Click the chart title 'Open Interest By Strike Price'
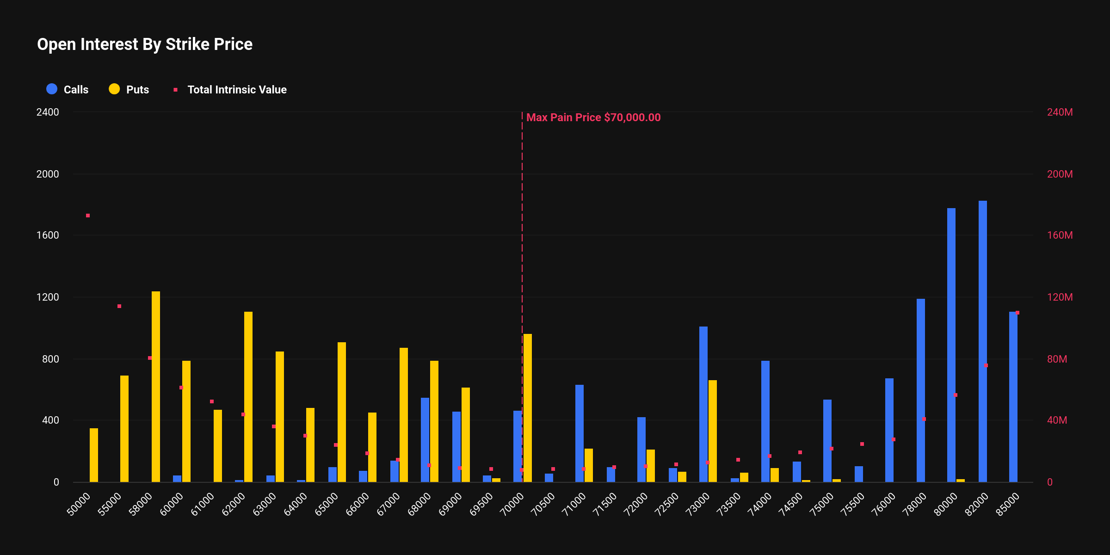[145, 44]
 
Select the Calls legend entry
[68, 89]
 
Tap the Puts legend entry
[129, 89]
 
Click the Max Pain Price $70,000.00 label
[593, 117]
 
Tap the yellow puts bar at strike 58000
[156, 387]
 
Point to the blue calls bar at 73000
[703, 404]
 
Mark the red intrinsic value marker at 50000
[88, 216]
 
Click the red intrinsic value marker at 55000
[119, 306]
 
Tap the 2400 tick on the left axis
[48, 112]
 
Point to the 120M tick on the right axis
[1060, 297]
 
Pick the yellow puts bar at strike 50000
[94, 455]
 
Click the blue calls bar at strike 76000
[889, 430]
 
